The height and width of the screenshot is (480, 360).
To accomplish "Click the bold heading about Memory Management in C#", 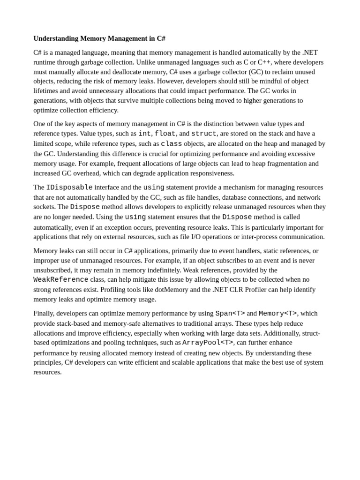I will click(99, 38).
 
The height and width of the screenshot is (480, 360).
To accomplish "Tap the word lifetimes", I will click(47, 91).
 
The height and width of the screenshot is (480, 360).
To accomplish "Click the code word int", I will click(144, 134).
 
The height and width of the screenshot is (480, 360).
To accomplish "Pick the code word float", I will click(165, 134).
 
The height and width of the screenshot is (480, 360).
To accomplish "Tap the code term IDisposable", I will click(69, 187).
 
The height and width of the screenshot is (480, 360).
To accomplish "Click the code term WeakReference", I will click(61, 280).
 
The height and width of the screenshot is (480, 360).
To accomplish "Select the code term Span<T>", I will click(230, 314).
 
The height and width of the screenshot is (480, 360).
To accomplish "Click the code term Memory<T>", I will click(277, 314).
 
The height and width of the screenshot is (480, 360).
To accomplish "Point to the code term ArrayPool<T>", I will click(208, 343).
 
